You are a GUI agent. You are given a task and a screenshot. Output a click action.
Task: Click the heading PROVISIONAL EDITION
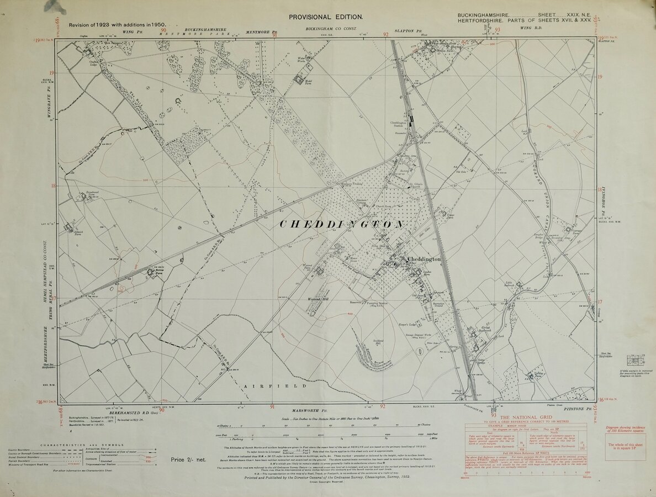point(326,17)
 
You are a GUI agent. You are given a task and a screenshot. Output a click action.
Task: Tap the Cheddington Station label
point(398,124)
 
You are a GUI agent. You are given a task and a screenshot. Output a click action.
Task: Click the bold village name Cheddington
point(424,259)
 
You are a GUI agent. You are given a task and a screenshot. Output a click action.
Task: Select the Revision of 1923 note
point(118,25)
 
